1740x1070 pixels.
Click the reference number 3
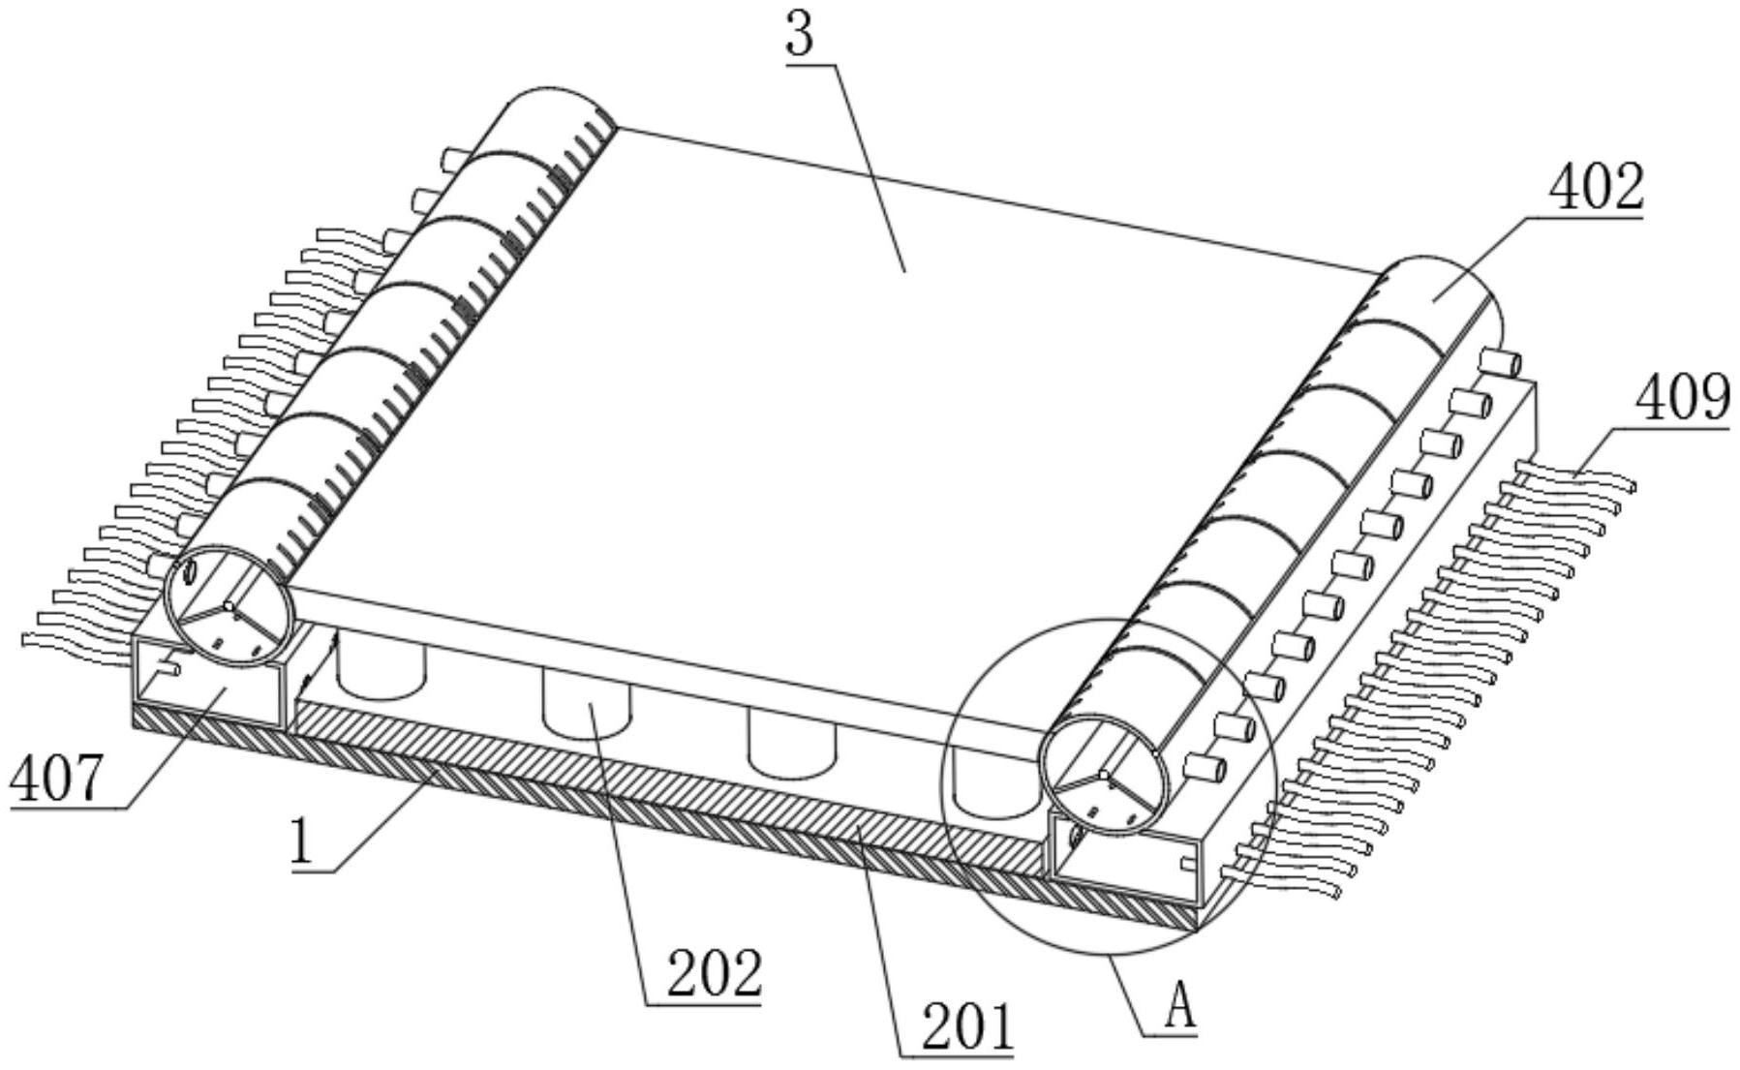click(801, 36)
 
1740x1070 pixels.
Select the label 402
click(1596, 188)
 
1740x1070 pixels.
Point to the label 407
click(55, 781)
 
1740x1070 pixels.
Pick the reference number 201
click(967, 1027)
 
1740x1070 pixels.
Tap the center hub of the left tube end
click(228, 606)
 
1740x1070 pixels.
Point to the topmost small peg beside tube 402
click(1499, 365)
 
